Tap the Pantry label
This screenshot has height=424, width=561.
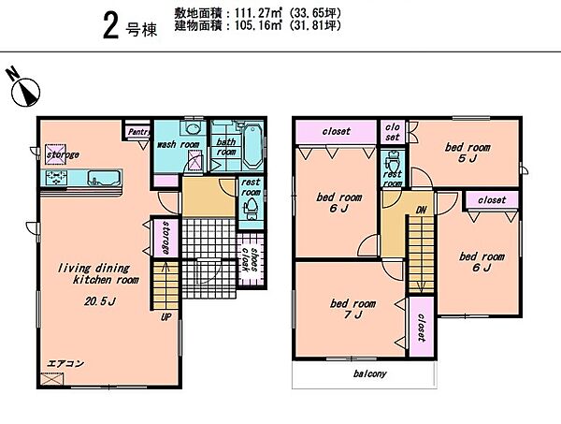[x=138, y=132]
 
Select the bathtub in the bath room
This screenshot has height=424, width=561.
[x=253, y=146]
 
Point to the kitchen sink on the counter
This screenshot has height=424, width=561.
[x=104, y=178]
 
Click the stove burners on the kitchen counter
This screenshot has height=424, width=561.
[x=56, y=178]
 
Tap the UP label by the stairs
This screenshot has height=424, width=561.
[x=165, y=317]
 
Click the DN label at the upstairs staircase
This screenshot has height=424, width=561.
[x=421, y=211]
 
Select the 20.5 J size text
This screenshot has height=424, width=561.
[x=100, y=301]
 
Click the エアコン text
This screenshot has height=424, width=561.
[x=65, y=363]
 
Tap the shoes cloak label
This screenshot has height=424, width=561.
[x=251, y=258]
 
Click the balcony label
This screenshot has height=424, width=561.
[x=369, y=373]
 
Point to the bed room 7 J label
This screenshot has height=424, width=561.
[x=352, y=309]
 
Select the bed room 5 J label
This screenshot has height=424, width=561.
[x=467, y=153]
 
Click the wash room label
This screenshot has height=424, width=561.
[x=179, y=144]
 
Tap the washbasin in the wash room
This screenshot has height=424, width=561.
[x=193, y=128]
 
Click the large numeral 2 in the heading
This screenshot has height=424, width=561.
[x=110, y=25]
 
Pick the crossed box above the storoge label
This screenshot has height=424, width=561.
[x=55, y=154]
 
